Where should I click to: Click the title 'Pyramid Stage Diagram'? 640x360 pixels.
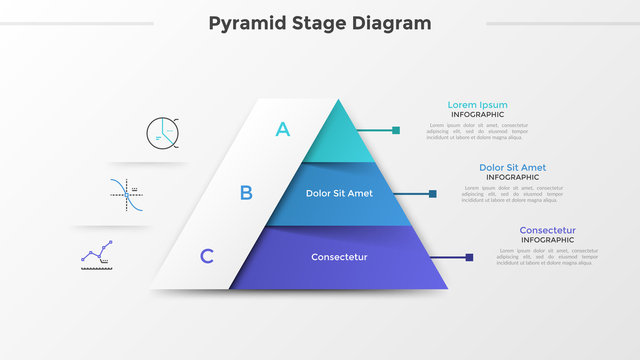[320, 22]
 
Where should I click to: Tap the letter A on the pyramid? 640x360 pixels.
[283, 128]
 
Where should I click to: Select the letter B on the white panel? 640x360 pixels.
[246, 193]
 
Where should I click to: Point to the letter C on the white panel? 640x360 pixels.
[207, 256]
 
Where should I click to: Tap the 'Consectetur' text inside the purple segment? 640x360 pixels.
[339, 257]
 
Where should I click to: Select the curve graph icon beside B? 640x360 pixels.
[126, 194]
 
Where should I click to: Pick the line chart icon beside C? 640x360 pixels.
[96, 254]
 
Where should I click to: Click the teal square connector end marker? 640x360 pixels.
[396, 130]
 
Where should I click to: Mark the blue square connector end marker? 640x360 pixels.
[432, 194]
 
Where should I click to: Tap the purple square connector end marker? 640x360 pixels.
[468, 258]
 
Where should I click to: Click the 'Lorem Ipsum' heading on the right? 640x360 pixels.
[477, 105]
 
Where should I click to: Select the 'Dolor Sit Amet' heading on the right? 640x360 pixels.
[512, 168]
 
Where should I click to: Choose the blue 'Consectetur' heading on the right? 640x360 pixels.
[547, 231]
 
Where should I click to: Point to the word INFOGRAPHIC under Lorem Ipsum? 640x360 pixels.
[477, 115]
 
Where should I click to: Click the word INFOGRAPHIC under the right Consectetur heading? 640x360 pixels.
[547, 240]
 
